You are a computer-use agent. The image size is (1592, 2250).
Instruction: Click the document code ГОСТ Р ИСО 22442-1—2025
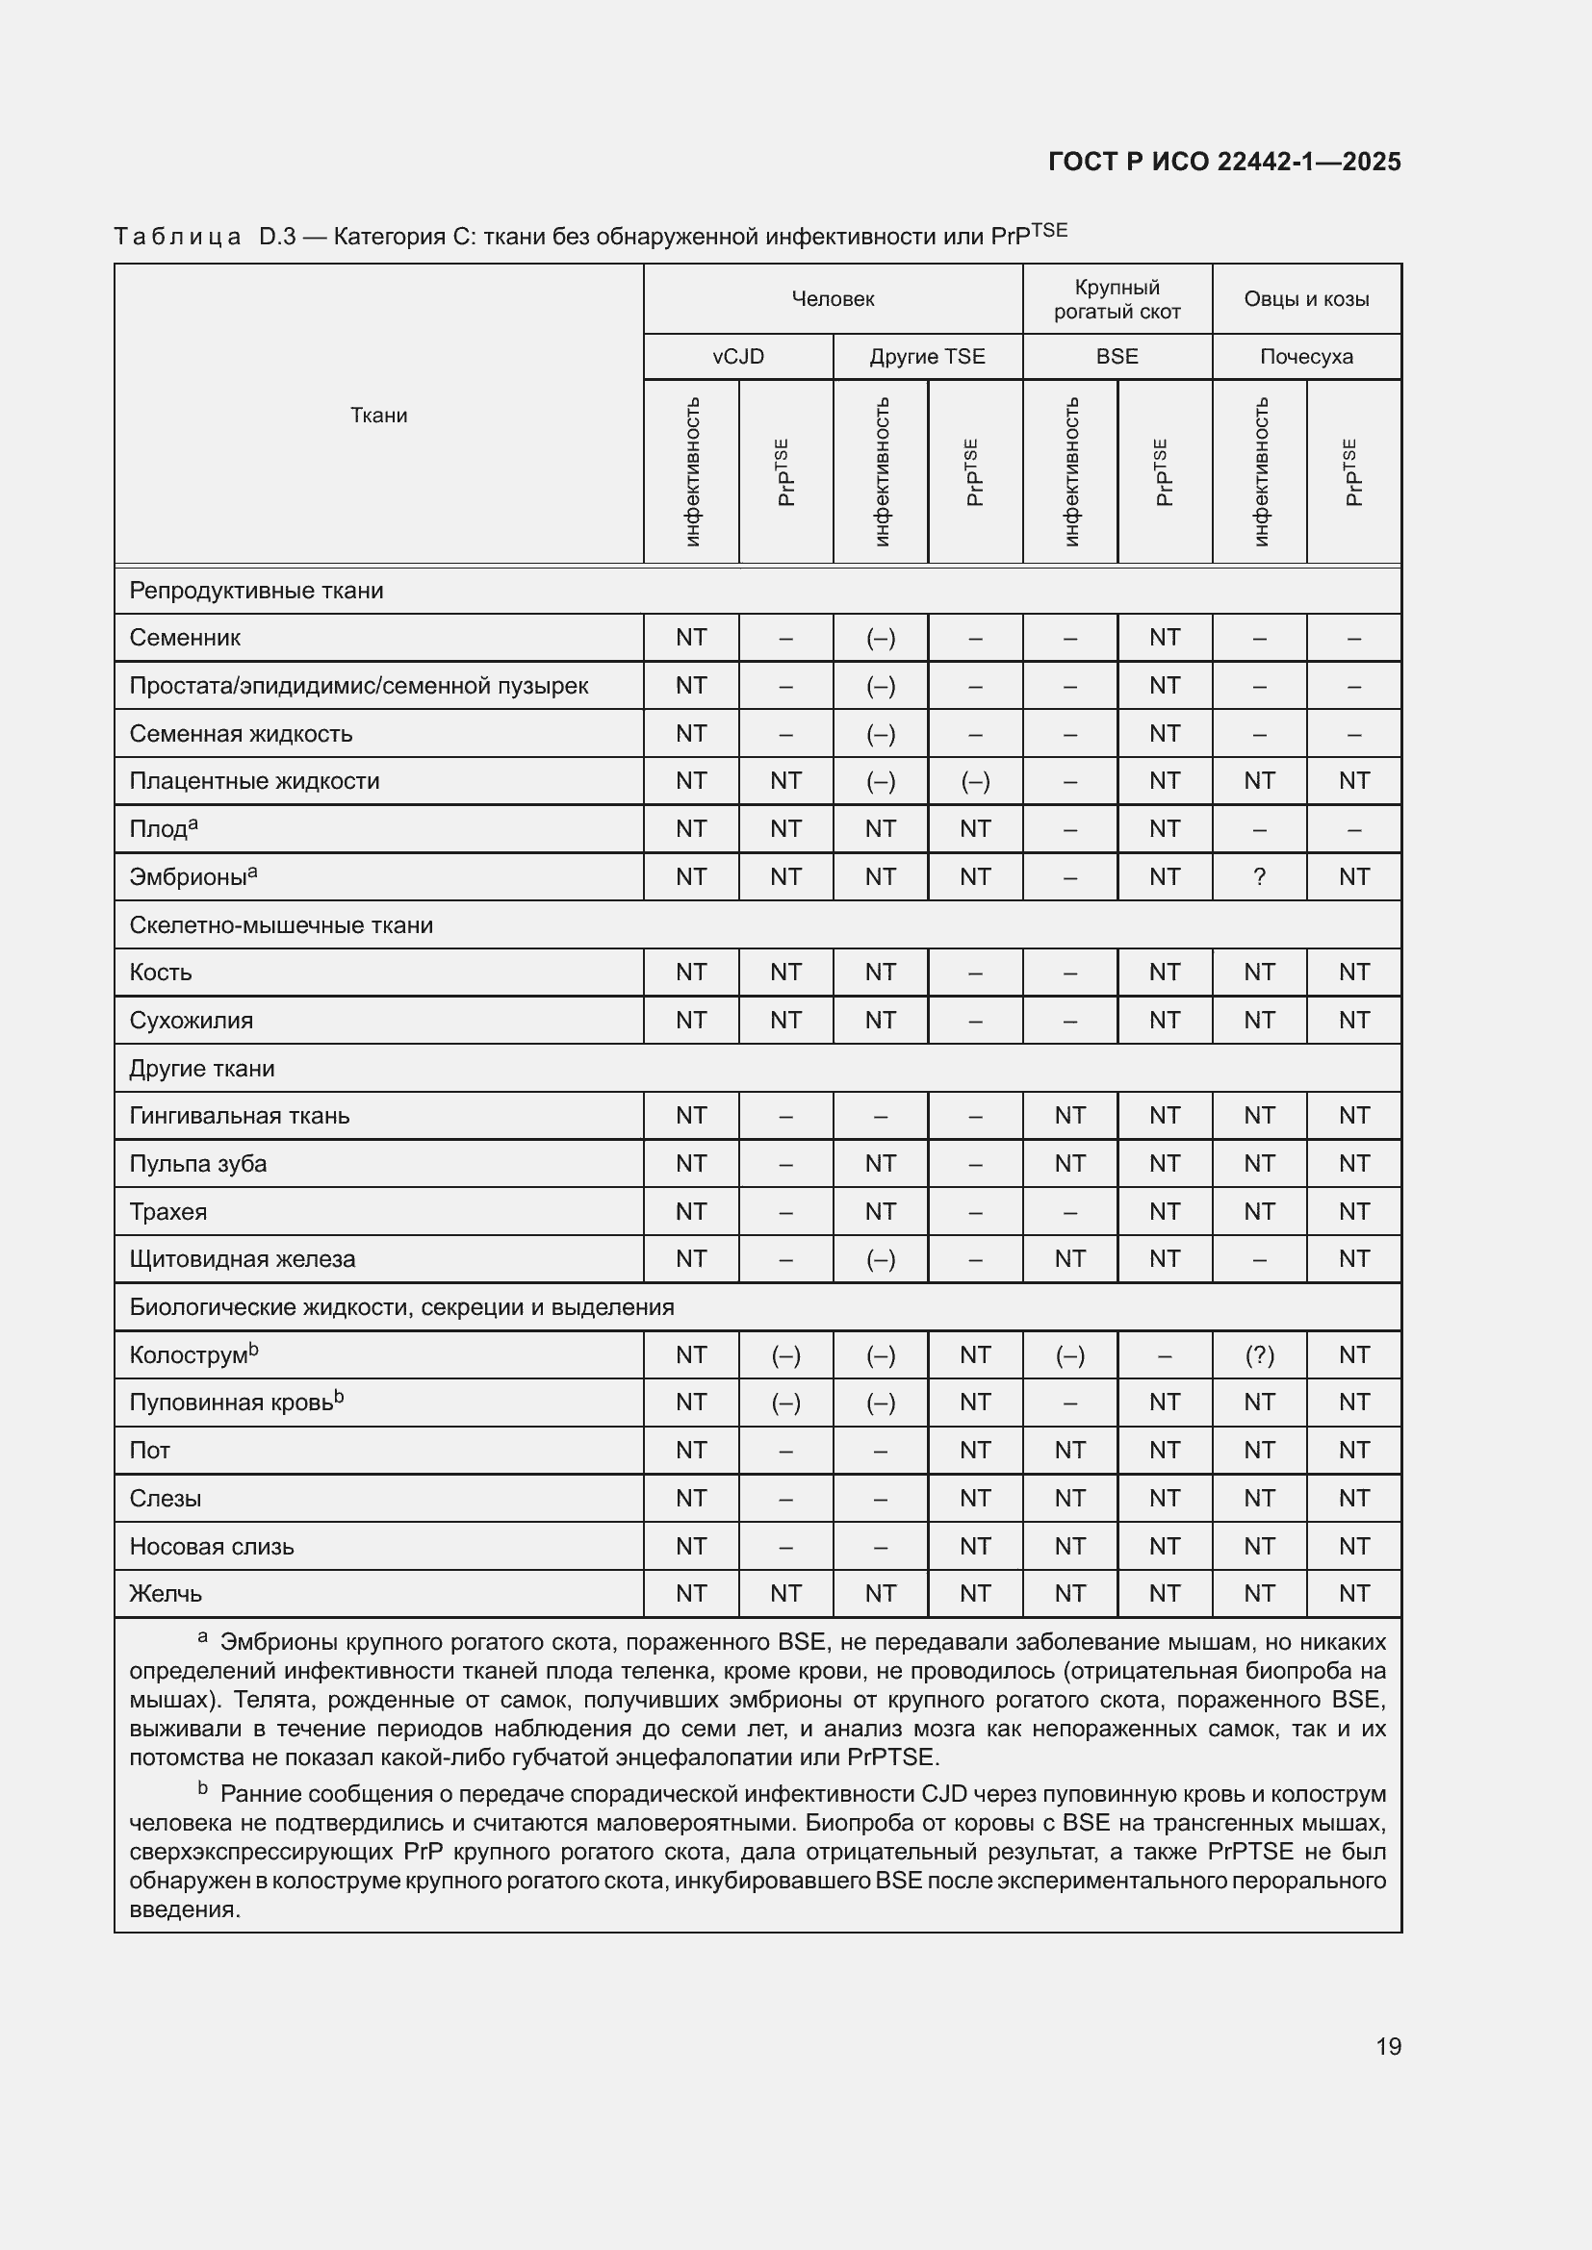point(1223,162)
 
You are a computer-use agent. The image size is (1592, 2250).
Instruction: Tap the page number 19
point(1388,2046)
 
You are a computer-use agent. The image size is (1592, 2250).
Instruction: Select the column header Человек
point(833,299)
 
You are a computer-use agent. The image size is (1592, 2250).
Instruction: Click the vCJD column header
point(738,357)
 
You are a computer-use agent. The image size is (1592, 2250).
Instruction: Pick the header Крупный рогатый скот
point(1117,299)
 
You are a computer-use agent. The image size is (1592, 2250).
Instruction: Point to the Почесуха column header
point(1306,357)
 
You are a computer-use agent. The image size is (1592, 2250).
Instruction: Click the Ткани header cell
point(378,415)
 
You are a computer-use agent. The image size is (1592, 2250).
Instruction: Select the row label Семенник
point(184,638)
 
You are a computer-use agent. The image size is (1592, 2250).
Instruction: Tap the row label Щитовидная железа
point(243,1259)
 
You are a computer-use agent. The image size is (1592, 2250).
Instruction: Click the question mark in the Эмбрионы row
point(1259,877)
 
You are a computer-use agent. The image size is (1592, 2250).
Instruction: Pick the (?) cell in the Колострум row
point(1259,1355)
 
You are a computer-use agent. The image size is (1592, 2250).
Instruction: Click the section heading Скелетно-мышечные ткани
point(280,925)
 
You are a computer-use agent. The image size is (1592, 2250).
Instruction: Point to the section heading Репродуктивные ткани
point(256,591)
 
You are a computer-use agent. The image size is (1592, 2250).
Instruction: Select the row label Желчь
point(165,1594)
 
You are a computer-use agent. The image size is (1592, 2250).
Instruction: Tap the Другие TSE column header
point(926,357)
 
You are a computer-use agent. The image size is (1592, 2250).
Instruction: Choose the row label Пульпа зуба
point(197,1164)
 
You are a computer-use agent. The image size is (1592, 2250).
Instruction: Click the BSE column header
point(1117,357)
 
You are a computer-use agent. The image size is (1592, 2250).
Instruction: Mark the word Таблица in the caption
point(177,238)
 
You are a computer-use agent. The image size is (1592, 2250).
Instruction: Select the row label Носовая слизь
point(211,1547)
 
